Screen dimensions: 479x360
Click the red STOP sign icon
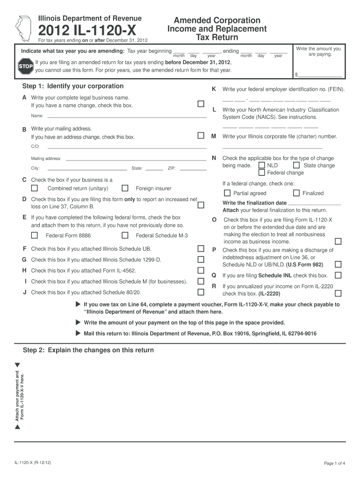pos(25,66)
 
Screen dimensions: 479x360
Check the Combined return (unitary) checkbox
pos(35,189)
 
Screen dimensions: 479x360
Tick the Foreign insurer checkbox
pos(125,189)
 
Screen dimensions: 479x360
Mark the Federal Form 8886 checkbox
pos(35,235)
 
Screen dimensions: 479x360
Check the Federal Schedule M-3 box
pos(125,235)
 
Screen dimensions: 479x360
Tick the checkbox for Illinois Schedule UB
pos(201,248)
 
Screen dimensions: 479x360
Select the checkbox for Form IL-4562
pos(201,270)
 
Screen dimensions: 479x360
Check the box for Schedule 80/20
pos(201,292)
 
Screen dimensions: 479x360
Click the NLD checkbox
pos(261,165)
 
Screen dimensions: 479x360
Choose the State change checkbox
pos(296,165)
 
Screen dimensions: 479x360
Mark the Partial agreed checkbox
pos(227,193)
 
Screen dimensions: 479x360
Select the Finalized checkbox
pos(296,193)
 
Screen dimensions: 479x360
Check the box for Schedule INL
pos(338,276)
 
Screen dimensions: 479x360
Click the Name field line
pos(126,116)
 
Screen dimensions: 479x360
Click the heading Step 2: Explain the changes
pos(88,350)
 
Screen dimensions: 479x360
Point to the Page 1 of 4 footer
pos(334,463)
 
